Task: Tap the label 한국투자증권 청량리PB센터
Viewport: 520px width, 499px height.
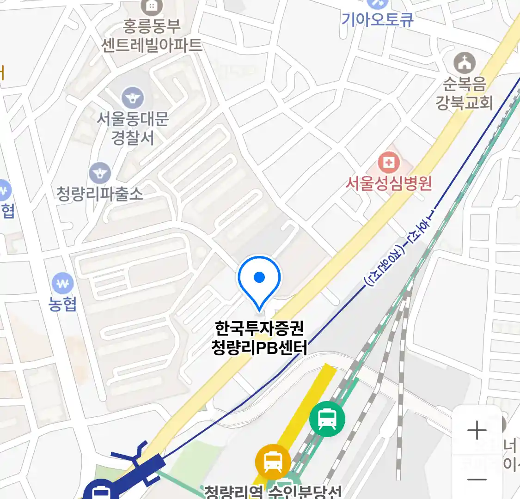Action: pyautogui.click(x=259, y=338)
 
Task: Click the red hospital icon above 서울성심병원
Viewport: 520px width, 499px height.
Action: pyautogui.click(x=389, y=163)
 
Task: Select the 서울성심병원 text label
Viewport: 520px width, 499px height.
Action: pyautogui.click(x=389, y=183)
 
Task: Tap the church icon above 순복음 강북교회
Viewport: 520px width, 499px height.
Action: pyautogui.click(x=464, y=63)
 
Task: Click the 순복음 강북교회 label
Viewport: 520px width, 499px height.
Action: pyautogui.click(x=464, y=93)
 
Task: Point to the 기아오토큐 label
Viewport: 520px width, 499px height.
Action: pyautogui.click(x=377, y=19)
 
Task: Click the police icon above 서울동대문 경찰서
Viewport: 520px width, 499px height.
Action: pyautogui.click(x=133, y=98)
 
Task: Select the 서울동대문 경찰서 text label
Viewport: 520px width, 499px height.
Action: pyautogui.click(x=133, y=128)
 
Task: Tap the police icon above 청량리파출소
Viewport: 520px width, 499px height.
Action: pyautogui.click(x=100, y=173)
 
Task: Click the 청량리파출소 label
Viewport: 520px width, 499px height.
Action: pyautogui.click(x=100, y=194)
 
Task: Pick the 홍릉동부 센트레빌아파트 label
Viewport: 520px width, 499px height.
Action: pyautogui.click(x=152, y=35)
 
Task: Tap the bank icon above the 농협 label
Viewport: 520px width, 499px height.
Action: pyautogui.click(x=63, y=283)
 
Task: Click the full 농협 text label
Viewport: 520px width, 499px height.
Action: pyautogui.click(x=63, y=304)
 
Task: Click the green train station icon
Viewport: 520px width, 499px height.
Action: pyautogui.click(x=327, y=419)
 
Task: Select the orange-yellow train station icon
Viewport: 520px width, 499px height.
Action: pyautogui.click(x=273, y=461)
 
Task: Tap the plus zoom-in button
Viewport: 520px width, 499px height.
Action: pyautogui.click(x=477, y=431)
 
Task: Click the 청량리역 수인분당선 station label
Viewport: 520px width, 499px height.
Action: pyautogui.click(x=273, y=492)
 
